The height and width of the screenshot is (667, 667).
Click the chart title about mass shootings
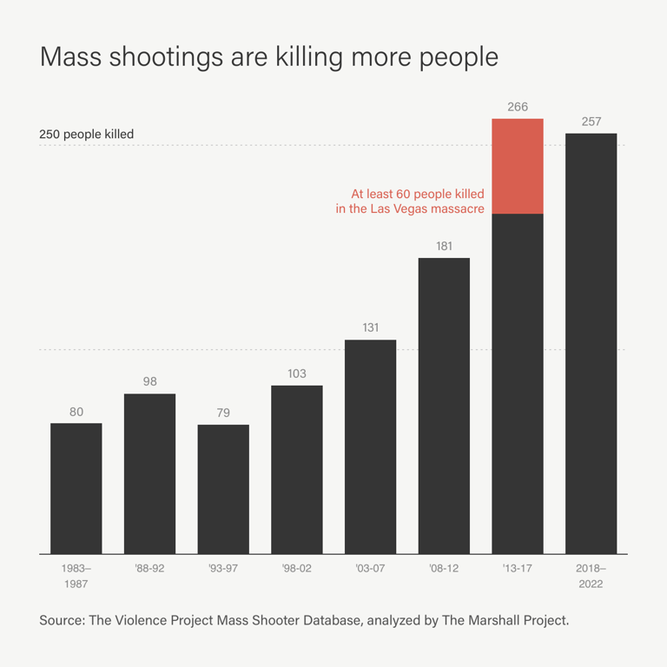[x=269, y=56]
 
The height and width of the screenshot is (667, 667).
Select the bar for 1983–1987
[x=76, y=488]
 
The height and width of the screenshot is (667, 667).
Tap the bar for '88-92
[x=149, y=473]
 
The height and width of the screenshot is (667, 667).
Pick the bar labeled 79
[x=223, y=489]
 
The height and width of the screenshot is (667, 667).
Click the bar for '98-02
[x=297, y=469]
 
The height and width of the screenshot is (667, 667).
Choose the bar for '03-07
[x=370, y=446]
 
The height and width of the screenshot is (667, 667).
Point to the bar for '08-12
[x=444, y=406]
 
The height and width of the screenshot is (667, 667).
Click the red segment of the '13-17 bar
[x=518, y=166]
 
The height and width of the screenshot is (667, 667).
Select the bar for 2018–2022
[x=591, y=343]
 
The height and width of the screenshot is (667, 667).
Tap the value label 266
[x=518, y=107]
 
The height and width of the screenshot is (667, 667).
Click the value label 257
[x=591, y=122]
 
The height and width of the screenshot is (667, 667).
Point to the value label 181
[x=444, y=246]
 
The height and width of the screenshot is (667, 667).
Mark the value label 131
[x=370, y=327]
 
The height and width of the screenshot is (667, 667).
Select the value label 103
[x=297, y=373]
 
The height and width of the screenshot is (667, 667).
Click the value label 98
[x=149, y=381]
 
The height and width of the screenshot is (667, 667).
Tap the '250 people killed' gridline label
[x=87, y=135]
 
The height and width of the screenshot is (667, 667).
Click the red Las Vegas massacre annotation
[x=410, y=201]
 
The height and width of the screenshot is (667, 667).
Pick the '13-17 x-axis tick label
[x=518, y=568]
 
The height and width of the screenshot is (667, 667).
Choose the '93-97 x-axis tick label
[x=223, y=568]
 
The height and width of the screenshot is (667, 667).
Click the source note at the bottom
[x=304, y=621]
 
